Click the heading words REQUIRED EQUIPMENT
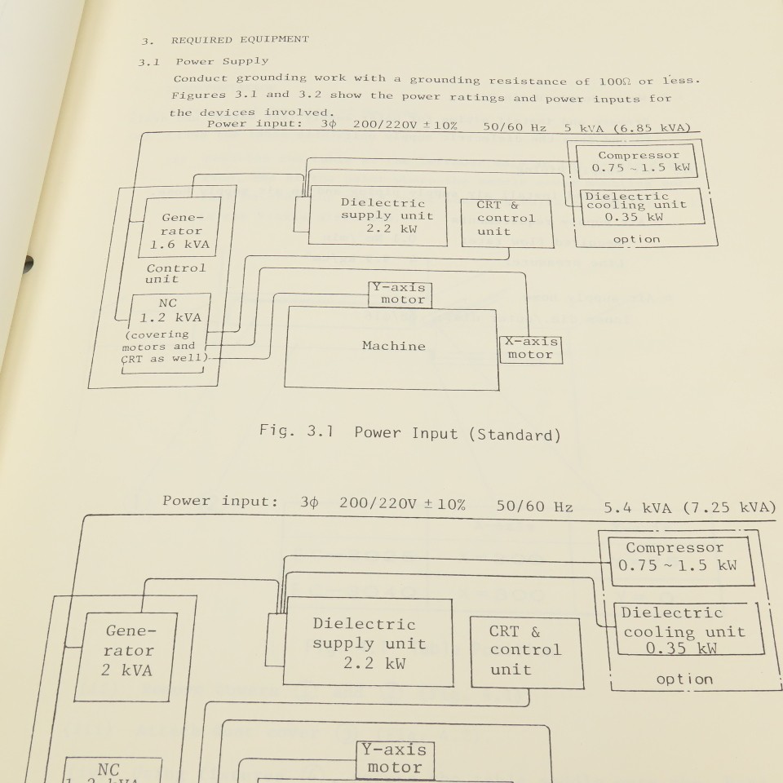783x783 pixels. click(x=240, y=39)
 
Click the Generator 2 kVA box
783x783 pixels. click(x=129, y=650)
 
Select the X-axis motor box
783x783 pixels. click(x=530, y=348)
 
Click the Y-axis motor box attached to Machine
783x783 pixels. click(x=398, y=294)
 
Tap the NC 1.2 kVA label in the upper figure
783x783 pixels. click(x=168, y=310)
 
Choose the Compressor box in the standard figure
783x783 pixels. click(x=639, y=161)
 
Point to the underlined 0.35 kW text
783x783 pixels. click(x=682, y=648)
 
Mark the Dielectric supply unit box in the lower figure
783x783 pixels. click(x=364, y=644)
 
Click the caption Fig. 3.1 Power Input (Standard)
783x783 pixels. click(x=409, y=433)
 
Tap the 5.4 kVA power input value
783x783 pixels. click(x=638, y=507)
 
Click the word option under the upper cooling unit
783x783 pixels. click(x=636, y=239)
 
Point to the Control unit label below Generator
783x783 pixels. click(x=176, y=272)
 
